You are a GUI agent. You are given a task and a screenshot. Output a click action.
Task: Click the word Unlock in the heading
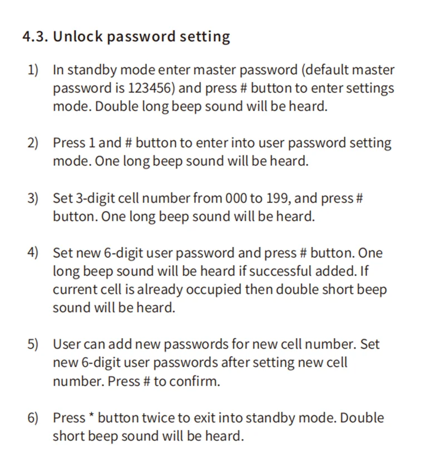point(77,37)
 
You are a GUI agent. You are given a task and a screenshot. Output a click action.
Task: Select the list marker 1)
point(33,70)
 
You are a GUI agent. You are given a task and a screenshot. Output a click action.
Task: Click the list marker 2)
point(33,143)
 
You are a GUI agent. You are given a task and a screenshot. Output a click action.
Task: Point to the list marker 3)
point(33,198)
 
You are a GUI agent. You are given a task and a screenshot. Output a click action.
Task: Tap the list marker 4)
point(33,253)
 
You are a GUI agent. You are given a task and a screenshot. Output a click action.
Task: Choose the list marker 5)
point(33,344)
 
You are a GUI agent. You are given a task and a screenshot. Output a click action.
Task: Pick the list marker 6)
point(33,418)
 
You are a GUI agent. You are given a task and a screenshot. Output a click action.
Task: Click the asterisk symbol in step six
point(92,417)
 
